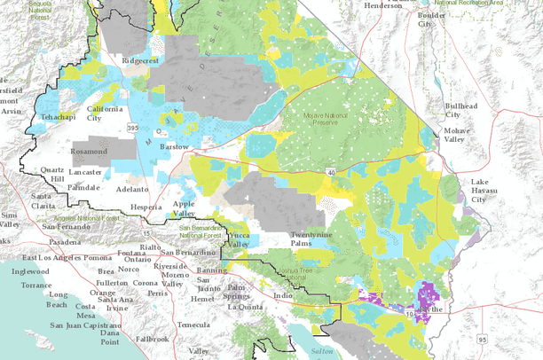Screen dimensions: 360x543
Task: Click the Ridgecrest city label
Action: [x=144, y=62]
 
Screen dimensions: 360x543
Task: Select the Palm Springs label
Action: [x=235, y=292]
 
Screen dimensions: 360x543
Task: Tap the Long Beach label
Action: [x=58, y=300]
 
